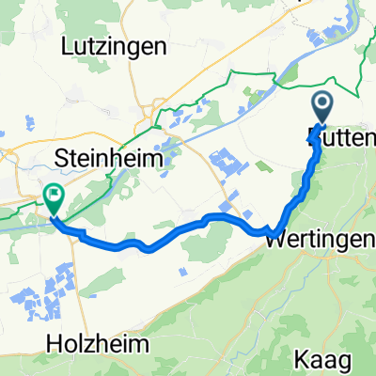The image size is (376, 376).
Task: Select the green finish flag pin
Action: pyautogui.click(x=54, y=199)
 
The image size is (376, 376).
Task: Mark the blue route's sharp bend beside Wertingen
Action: pyautogui.click(x=270, y=229)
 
